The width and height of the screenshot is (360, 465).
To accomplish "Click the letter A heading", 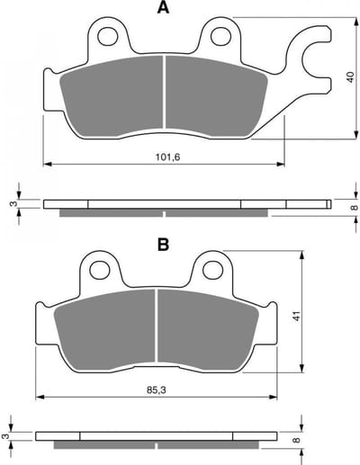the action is click(x=163, y=8).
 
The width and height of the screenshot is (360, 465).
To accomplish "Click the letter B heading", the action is click(x=163, y=245).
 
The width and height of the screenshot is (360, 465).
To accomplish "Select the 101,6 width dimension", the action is click(x=167, y=156).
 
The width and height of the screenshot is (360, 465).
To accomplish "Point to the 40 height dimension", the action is click(x=350, y=77).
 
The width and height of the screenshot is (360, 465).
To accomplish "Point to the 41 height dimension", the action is click(x=297, y=317).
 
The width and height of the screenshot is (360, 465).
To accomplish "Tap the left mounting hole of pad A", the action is click(x=107, y=37).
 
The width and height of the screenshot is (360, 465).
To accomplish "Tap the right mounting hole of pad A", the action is click(x=220, y=36).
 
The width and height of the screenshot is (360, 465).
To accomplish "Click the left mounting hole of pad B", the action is click(x=100, y=270).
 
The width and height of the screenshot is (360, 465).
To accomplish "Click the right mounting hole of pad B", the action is click(x=212, y=270).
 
